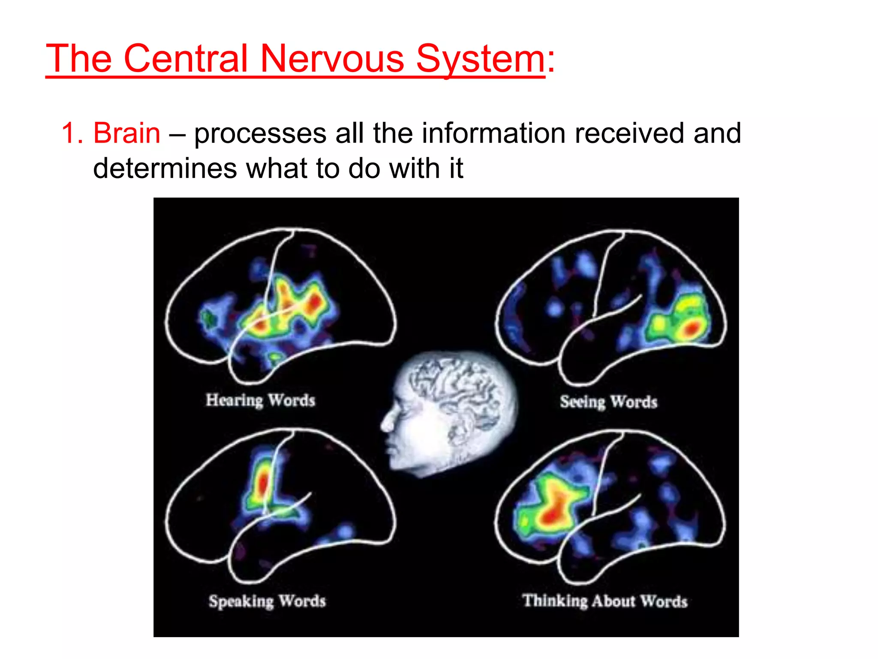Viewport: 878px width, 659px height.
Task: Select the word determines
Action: tap(165, 168)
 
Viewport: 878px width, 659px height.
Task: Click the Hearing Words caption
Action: tap(260, 400)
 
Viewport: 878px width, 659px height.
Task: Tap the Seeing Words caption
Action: tap(608, 402)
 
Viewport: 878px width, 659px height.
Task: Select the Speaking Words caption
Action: tap(267, 601)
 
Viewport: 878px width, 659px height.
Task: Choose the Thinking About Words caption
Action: tap(605, 601)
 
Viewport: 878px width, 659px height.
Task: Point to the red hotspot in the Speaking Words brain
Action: tap(262, 483)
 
